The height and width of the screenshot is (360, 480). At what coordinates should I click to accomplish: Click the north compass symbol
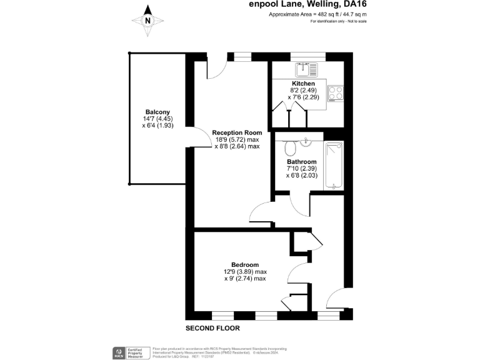tap(148, 20)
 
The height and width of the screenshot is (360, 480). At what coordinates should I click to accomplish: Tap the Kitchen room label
tap(304, 83)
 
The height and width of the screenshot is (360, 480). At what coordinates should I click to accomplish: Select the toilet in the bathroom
tap(290, 149)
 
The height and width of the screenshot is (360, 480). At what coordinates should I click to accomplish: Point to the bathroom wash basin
tap(306, 142)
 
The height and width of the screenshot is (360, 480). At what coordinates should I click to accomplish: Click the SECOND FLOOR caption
tap(212, 328)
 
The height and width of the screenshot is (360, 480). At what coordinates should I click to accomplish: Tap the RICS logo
tap(118, 352)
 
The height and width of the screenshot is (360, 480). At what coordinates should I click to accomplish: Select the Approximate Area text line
tap(317, 14)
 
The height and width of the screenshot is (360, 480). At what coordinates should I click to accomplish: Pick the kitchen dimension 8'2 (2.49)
tap(304, 91)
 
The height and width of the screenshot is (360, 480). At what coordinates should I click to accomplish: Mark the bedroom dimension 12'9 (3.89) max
tap(245, 272)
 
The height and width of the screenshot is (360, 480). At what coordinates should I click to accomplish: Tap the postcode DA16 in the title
tap(356, 4)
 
